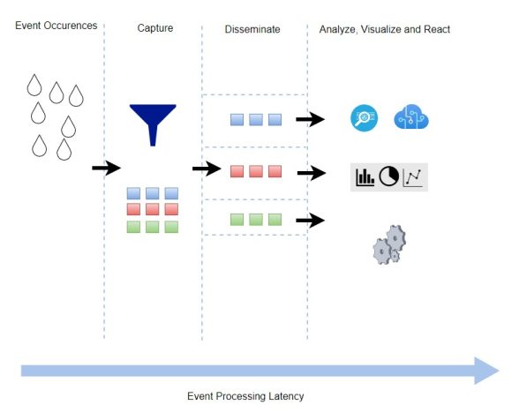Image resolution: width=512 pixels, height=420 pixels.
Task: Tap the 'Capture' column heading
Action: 154,29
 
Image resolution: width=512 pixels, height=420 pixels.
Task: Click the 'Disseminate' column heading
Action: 252,29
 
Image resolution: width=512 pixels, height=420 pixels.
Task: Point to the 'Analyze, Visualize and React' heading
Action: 384,29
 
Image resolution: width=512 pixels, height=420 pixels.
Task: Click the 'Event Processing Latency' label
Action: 245,396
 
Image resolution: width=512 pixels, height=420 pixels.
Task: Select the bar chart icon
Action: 364,177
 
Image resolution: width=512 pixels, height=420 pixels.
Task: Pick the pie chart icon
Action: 388,177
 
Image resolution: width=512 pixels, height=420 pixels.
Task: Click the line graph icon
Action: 413,177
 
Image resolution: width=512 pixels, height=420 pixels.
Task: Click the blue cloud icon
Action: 411,117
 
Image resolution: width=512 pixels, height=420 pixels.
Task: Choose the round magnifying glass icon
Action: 364,117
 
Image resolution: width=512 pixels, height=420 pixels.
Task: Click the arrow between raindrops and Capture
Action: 105,167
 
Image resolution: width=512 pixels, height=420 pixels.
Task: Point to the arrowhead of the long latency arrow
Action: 486,370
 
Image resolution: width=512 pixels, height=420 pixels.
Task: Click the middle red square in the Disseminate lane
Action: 255,170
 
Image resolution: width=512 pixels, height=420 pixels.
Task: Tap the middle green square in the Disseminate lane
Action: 255,220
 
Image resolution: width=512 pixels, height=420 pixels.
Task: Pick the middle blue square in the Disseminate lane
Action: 255,119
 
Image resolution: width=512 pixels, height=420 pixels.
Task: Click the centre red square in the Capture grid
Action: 153,209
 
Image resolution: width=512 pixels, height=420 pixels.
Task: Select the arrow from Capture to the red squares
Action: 206,169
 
